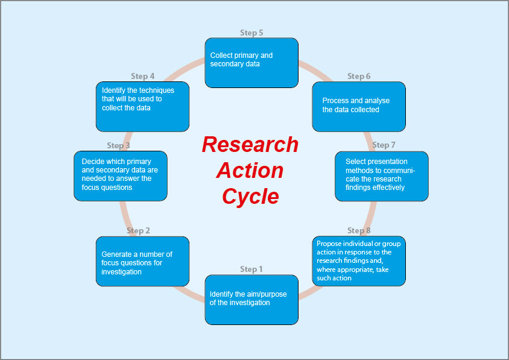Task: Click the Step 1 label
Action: [252, 269]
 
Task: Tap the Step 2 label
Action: [138, 230]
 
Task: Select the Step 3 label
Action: [118, 145]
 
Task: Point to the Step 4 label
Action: [143, 76]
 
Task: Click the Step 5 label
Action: [251, 33]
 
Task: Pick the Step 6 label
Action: [359, 76]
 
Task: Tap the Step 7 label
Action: [384, 145]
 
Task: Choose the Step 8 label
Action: [359, 230]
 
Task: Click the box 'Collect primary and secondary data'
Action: [251, 63]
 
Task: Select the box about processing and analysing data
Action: [359, 106]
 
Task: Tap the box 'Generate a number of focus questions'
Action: [142, 261]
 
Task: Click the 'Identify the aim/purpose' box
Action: [251, 299]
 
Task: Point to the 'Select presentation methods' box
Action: [382, 175]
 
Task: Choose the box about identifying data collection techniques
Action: [142, 106]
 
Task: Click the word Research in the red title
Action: [250, 145]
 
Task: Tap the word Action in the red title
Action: [250, 171]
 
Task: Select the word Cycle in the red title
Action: [250, 197]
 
